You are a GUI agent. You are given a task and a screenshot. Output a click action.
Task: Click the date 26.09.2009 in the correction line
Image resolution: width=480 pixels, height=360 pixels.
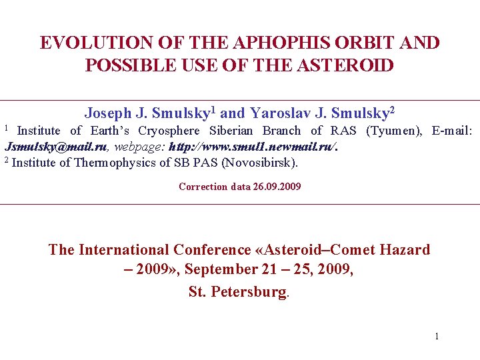point(277,187)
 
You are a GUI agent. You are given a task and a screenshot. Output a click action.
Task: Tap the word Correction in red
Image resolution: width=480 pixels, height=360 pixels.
point(203,187)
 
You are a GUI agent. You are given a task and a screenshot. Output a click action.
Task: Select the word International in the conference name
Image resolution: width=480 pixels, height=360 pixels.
point(123,250)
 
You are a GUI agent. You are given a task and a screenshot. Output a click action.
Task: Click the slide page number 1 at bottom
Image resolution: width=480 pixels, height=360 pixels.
point(437,337)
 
